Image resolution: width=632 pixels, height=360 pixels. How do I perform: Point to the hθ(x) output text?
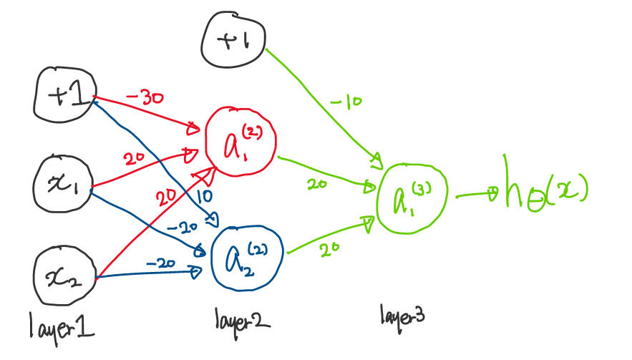point(543,190)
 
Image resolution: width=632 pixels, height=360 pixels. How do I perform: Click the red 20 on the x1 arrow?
point(135,159)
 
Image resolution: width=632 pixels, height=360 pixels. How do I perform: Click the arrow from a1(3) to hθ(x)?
point(475,193)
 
